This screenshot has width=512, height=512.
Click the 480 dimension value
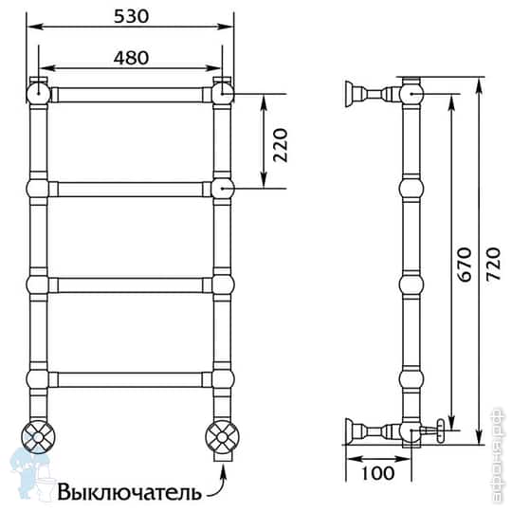click(130, 57)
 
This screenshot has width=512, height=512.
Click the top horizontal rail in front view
click(130, 95)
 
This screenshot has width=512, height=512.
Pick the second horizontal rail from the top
click(130, 189)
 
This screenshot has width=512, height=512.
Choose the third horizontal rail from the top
click(130, 284)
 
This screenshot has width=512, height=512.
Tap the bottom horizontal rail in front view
click(130, 379)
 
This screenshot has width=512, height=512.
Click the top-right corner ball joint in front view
click(223, 93)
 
